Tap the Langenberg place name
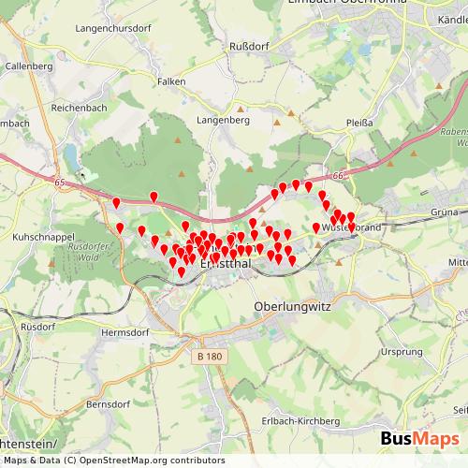click(222, 120)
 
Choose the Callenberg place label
click(28, 66)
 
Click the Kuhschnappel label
click(44, 238)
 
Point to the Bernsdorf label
click(107, 405)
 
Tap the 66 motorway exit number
click(338, 175)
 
